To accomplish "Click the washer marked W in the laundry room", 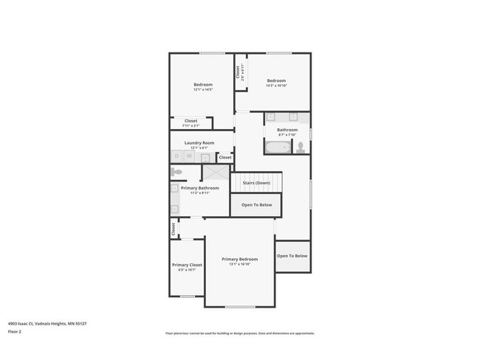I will tap(189, 156).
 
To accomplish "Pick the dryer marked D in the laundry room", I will tap(177, 156).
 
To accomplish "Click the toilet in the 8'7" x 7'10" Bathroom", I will tap(301, 147).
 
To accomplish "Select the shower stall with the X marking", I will tap(216, 173).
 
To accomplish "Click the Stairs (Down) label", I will tap(258, 182).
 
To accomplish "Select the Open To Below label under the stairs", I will tap(256, 204).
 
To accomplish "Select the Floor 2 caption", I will tap(15, 332).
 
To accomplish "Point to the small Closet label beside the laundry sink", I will tap(224, 157).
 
